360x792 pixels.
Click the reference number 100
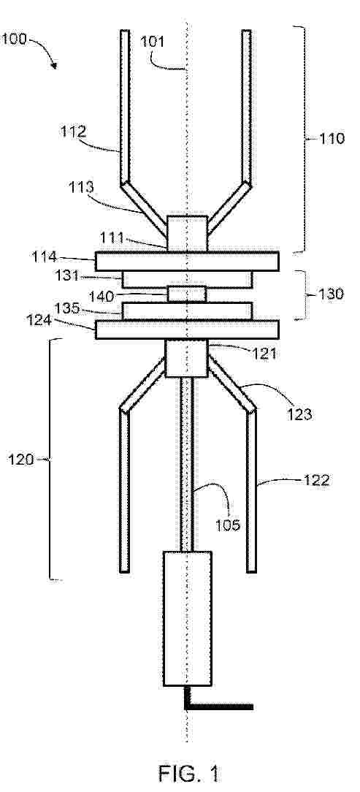click(x=14, y=39)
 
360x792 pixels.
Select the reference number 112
click(x=73, y=132)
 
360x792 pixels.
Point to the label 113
click(x=81, y=187)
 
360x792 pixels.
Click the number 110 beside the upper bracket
click(x=332, y=138)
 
